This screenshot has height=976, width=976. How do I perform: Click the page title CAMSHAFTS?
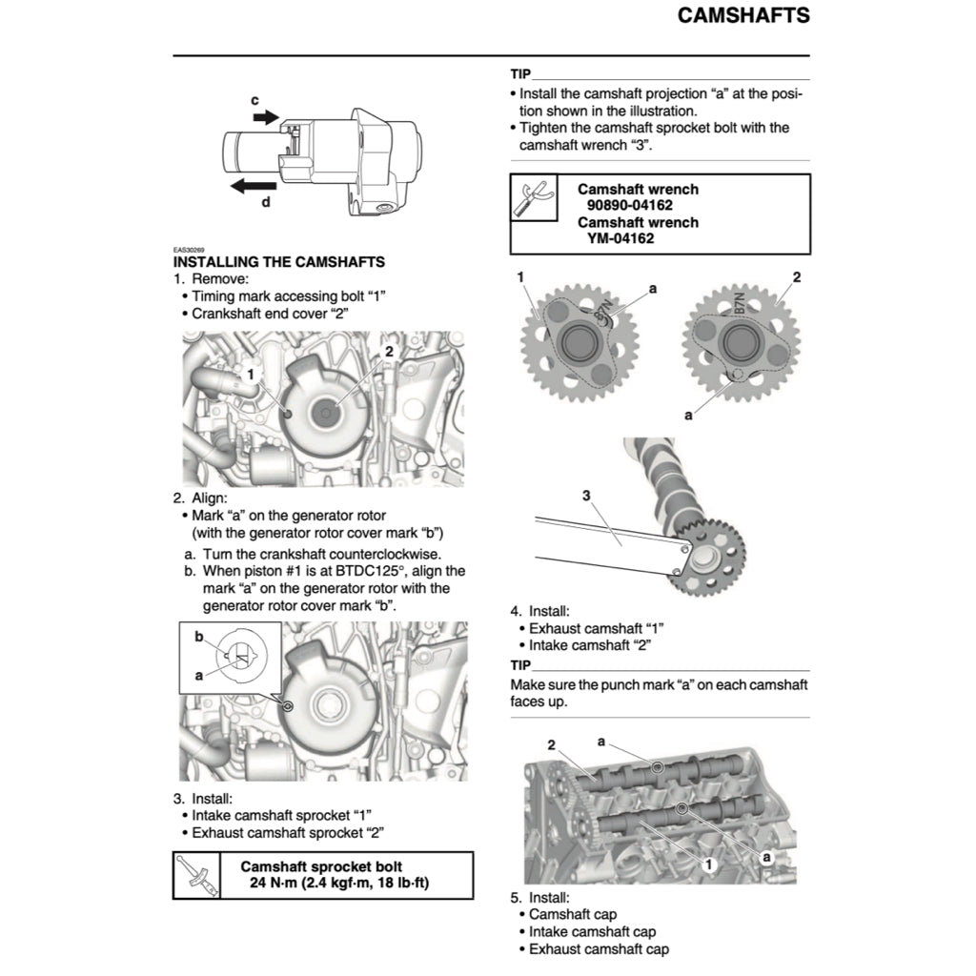[743, 15]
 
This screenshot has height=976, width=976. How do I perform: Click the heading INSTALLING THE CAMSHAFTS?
[279, 261]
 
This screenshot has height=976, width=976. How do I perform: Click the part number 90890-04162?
[638, 206]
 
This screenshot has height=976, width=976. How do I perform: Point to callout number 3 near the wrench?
[586, 495]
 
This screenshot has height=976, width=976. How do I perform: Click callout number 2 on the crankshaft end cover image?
[388, 351]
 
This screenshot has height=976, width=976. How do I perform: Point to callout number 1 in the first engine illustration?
[250, 375]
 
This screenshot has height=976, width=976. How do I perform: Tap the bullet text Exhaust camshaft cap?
[599, 948]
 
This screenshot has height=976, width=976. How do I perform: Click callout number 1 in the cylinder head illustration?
[708, 864]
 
